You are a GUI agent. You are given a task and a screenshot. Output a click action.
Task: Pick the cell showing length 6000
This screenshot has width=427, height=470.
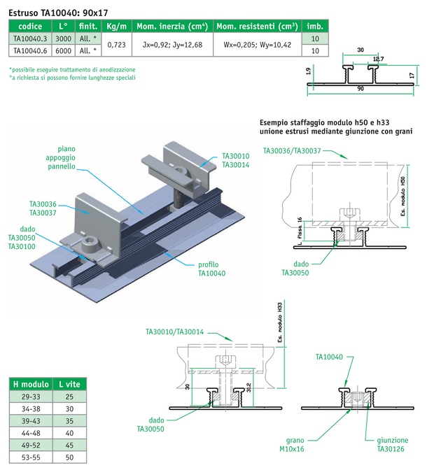click(63, 51)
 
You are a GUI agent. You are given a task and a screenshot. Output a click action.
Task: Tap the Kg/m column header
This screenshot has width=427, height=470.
click(116, 26)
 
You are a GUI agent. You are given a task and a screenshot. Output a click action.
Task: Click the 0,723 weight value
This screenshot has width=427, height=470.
click(116, 45)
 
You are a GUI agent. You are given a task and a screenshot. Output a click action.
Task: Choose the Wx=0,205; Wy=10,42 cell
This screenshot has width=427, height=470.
click(257, 45)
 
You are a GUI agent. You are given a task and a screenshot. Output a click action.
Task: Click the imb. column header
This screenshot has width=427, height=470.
click(314, 26)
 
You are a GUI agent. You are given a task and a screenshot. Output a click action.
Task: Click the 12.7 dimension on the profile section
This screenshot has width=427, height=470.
click(378, 59)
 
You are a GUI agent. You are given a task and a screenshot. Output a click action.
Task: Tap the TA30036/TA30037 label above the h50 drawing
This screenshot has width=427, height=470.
click(292, 150)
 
